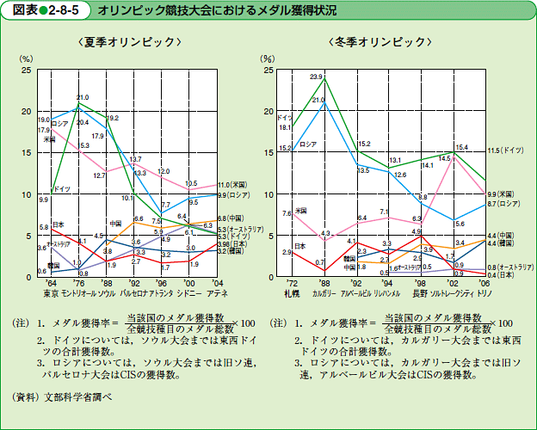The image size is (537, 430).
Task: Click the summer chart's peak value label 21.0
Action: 83,97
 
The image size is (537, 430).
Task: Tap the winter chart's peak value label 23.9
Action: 316,77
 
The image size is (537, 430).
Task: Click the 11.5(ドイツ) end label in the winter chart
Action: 506,150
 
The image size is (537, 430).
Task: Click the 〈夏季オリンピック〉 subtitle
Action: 128,41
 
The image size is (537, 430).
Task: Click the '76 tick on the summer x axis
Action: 79,283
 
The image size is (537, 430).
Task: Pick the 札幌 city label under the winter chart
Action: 291,292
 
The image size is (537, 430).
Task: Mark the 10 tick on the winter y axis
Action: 268,194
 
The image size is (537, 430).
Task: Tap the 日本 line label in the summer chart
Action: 59,224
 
